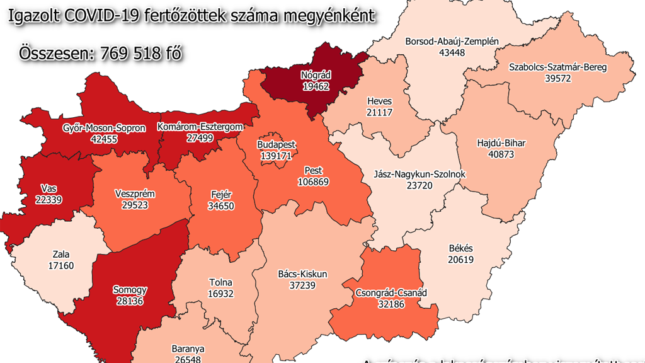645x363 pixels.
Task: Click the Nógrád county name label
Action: (316, 76)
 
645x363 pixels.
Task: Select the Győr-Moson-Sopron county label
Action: (104, 128)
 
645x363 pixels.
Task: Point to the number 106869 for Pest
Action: (313, 181)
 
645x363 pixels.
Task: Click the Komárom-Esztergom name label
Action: (200, 127)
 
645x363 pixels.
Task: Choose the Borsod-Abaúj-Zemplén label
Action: (452, 42)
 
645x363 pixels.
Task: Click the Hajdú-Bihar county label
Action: (501, 143)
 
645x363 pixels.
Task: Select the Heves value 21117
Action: (379, 112)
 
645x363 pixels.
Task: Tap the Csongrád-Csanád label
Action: (391, 293)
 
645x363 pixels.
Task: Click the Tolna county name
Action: (220, 283)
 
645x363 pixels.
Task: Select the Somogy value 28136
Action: (130, 301)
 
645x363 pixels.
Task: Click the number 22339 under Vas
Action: (49, 199)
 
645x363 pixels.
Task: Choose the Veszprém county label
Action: (135, 194)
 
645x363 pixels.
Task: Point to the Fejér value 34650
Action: (220, 205)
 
